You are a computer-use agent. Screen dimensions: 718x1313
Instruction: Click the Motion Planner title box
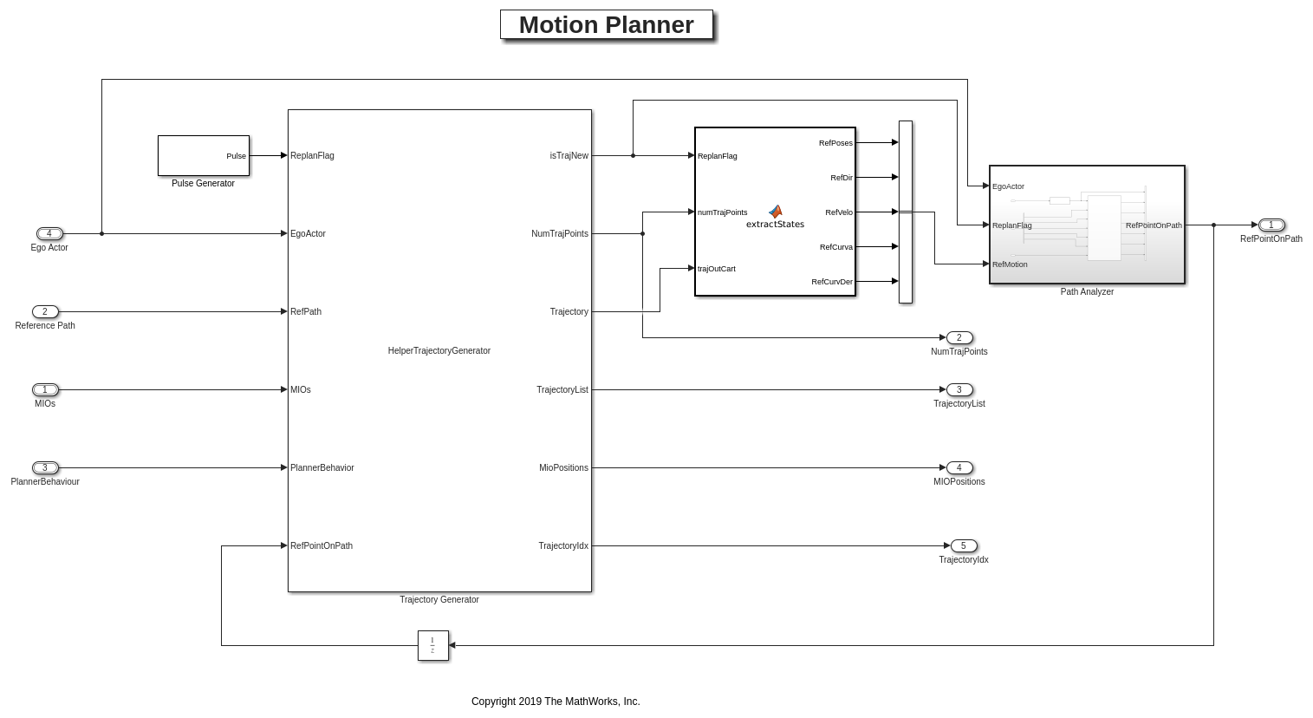pos(606,25)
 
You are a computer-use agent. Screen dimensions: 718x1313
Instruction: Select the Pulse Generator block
pos(203,155)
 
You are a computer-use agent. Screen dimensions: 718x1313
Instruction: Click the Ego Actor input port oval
pos(49,233)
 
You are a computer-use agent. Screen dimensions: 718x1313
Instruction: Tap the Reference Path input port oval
pos(45,311)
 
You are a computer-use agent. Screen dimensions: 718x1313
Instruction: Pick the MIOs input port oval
pos(45,389)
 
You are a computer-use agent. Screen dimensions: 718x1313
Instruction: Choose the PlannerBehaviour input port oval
pos(45,467)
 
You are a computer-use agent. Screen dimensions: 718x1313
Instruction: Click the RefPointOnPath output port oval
pos(1271,225)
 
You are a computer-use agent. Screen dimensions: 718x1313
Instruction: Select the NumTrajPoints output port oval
pos(959,337)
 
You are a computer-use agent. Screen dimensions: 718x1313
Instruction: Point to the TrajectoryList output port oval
pos(959,389)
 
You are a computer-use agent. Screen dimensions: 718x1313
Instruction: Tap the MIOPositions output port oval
pos(959,467)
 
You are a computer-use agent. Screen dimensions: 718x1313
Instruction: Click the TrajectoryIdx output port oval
pos(963,545)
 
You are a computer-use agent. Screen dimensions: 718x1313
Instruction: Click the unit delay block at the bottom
pos(432,645)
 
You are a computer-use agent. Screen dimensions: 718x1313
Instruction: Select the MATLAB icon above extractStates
pos(775,211)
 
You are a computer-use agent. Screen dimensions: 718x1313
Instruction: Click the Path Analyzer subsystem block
pos(1087,225)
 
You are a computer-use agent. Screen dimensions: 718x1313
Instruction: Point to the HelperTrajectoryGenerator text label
pos(439,350)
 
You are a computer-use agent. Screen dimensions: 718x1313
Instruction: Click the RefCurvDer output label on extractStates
pos(831,282)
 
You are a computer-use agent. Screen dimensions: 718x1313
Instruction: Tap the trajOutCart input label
pos(717,269)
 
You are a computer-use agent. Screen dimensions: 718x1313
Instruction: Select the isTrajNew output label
pos(569,155)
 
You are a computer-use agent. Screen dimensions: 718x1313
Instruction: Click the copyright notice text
pos(556,702)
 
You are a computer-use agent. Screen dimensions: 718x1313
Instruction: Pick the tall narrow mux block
pos(905,212)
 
